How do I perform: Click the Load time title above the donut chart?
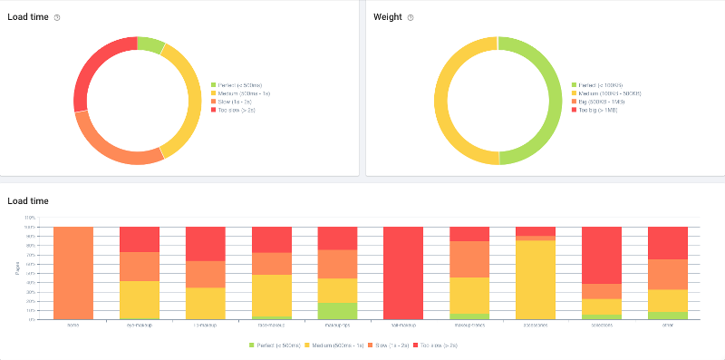coord(26,17)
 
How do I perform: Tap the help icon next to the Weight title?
coord(411,17)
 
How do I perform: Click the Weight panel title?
coord(387,17)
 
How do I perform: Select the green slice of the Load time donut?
coord(151,45)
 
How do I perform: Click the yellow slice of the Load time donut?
coord(188,100)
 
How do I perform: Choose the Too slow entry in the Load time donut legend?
coord(237,110)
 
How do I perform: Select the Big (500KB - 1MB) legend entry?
coord(602,102)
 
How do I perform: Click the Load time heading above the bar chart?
coord(28,200)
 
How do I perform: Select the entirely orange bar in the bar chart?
coord(73,272)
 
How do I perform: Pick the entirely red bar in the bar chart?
coord(403,272)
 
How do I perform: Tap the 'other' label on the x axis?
coord(668,323)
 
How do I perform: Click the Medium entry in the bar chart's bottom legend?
coord(341,345)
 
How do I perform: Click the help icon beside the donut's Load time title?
coord(57,17)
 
